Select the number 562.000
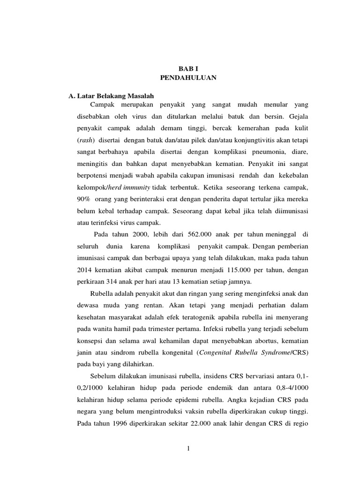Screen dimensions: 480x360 [200, 234]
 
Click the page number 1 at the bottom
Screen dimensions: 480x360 [188, 449]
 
